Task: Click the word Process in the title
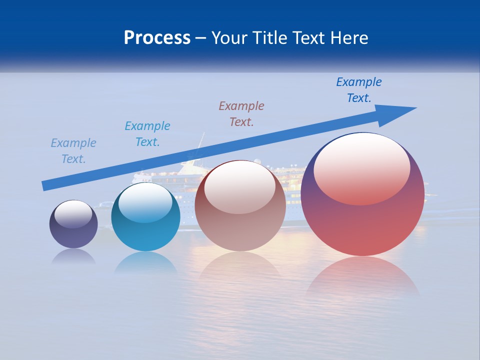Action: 157,38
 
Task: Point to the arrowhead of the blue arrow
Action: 400,111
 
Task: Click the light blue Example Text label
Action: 73,150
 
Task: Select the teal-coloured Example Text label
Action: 147,133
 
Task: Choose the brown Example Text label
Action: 241,113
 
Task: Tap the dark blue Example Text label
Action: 359,89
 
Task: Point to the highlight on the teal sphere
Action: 145,202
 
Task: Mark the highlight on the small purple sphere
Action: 73,214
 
